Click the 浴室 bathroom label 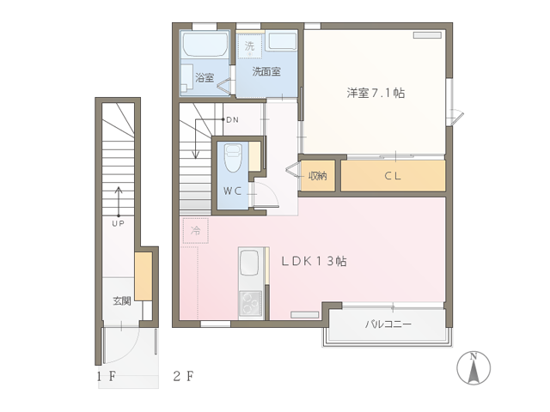click(205, 77)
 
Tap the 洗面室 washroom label click(266, 71)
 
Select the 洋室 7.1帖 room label click(376, 93)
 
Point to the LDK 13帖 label click(314, 261)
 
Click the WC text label click(232, 191)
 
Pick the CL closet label click(393, 175)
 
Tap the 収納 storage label click(317, 175)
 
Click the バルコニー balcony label click(388, 324)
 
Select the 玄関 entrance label click(122, 300)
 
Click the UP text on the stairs click(119, 223)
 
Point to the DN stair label click(233, 120)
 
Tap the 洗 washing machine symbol click(249, 45)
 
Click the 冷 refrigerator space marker click(195, 230)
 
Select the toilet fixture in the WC click(233, 158)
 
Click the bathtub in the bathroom click(205, 45)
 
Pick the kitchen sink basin click(252, 264)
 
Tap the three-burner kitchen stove click(251, 303)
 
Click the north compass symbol click(474, 368)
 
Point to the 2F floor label click(183, 376)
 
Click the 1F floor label click(107, 377)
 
